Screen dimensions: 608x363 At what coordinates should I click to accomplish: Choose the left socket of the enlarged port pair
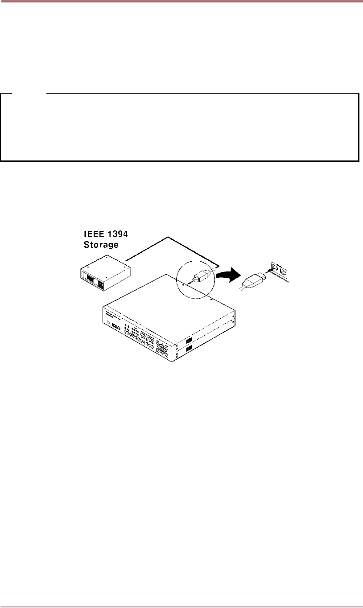[274, 269]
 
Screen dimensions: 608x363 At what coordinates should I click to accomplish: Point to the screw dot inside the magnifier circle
[183, 284]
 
